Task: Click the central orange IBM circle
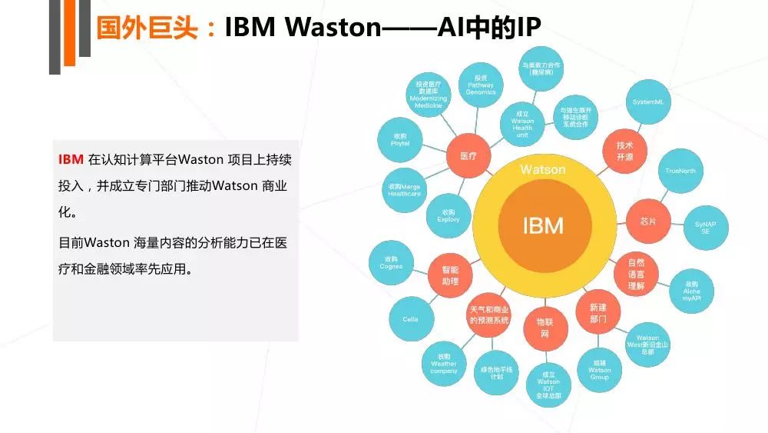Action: pos(543,225)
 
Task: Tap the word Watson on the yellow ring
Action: pos(543,169)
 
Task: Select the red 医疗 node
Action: pos(468,156)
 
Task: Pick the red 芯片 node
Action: pos(647,221)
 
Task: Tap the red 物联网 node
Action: pos(544,327)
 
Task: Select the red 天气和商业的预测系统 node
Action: pos(489,314)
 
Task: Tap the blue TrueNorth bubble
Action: pos(680,171)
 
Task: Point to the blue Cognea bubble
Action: pos(391,263)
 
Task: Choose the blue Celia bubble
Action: pos(410,319)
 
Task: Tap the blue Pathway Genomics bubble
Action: pos(481,85)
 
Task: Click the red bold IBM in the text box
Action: pos(71,160)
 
